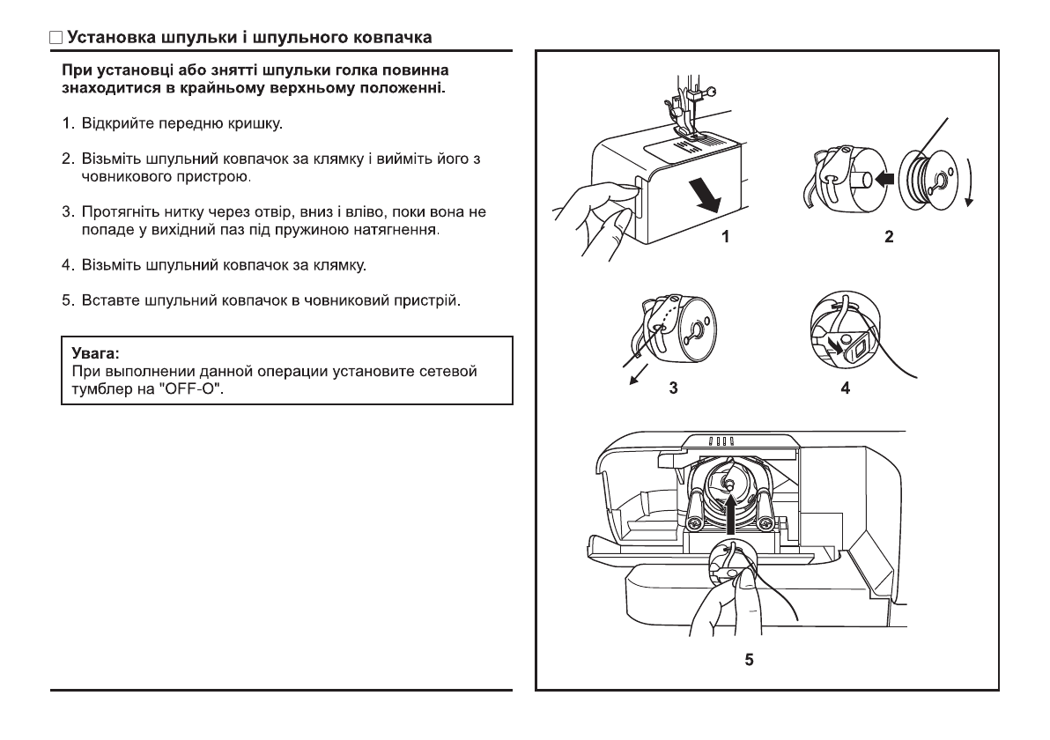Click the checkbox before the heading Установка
tap(55, 39)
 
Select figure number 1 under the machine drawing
tap(725, 236)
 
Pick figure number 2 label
tap(889, 236)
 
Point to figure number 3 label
tap(673, 388)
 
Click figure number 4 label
tap(846, 388)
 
